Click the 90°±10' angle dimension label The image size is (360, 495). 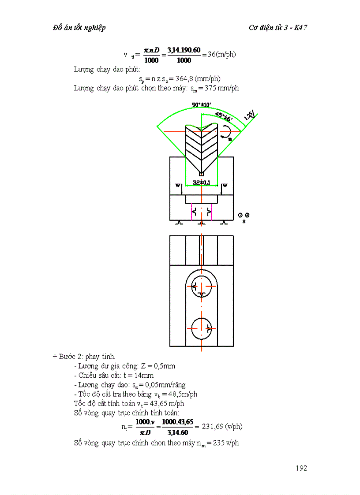click(x=202, y=104)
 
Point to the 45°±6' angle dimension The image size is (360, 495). click(x=224, y=116)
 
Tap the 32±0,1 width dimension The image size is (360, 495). click(x=201, y=182)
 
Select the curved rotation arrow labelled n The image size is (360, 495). click(x=227, y=131)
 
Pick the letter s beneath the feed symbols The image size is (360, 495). click(x=244, y=221)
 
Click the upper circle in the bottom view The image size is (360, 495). click(x=202, y=286)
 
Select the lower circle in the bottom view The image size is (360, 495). click(x=202, y=328)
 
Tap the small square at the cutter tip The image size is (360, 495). click(x=202, y=174)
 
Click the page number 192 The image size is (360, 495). click(x=301, y=468)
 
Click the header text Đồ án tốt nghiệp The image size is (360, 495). click(x=79, y=28)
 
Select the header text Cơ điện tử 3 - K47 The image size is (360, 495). click(x=278, y=28)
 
